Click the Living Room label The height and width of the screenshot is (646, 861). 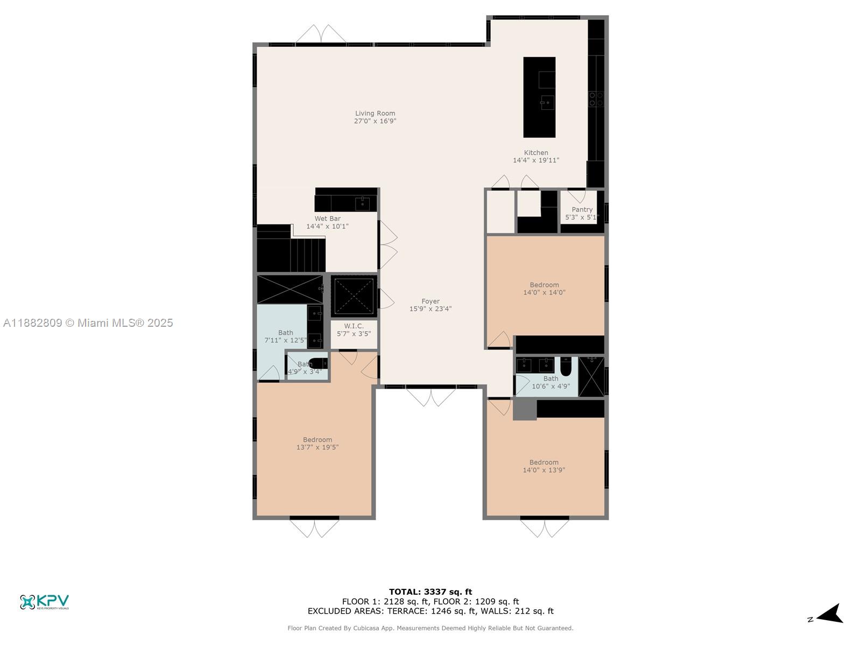point(375,114)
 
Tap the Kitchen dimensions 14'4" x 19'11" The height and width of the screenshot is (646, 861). point(536,160)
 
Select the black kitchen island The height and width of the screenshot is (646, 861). point(539,97)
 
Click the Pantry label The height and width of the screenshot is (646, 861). point(582,210)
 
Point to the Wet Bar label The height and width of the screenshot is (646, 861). point(327,219)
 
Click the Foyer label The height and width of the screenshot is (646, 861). point(430,301)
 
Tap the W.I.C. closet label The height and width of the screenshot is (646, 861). point(354,326)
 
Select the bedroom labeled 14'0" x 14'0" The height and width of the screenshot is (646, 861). point(544,289)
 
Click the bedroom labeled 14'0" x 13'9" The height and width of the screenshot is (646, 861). point(544,466)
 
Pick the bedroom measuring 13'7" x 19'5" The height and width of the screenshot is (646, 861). point(317,444)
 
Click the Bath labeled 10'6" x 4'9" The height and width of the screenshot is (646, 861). point(551,382)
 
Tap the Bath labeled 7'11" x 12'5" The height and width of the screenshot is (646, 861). point(285,336)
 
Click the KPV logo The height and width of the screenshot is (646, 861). point(45,602)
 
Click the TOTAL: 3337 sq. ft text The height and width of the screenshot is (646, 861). point(430,592)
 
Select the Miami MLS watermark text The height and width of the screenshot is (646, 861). point(88,323)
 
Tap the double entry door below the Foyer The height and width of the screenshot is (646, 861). point(430,397)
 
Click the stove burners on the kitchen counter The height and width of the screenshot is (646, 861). point(596,99)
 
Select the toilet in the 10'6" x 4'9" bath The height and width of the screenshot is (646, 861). point(566,366)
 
